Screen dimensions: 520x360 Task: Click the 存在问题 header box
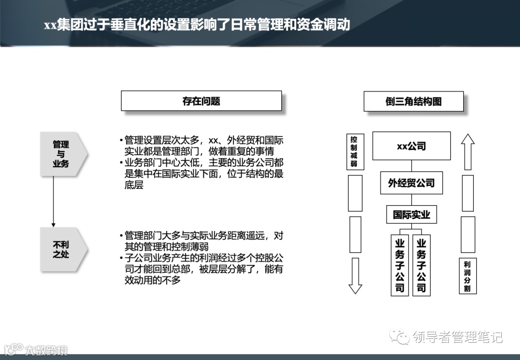pyautogui.click(x=201, y=101)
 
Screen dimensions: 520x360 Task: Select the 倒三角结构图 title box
pyautogui.click(x=414, y=102)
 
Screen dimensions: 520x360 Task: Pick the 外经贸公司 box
pyautogui.click(x=411, y=183)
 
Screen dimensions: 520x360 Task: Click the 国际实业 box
pyautogui.click(x=411, y=214)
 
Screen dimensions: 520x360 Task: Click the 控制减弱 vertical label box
pyautogui.click(x=354, y=151)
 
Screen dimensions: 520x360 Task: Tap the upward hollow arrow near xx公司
pyautogui.click(x=468, y=151)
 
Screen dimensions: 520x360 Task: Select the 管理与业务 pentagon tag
pyautogui.click(x=62, y=154)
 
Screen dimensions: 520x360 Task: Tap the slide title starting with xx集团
pyautogui.click(x=197, y=25)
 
